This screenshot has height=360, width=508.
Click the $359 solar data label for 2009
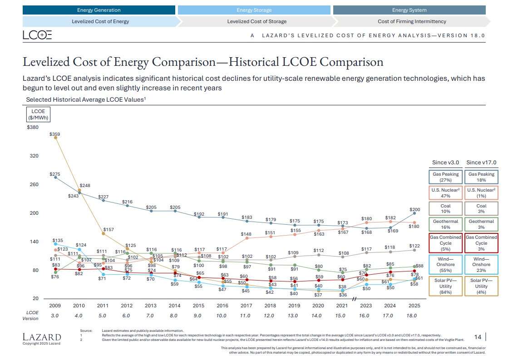54,134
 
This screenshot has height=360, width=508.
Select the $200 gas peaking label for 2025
415,210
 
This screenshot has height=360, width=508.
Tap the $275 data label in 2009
54,174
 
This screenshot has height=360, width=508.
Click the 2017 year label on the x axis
246,306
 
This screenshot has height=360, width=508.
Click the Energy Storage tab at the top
254,10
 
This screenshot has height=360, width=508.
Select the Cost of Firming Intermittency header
411,21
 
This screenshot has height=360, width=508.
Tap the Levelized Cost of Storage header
256,21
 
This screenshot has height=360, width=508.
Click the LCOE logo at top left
37,35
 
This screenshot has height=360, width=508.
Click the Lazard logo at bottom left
41,337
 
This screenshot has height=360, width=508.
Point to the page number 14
478,336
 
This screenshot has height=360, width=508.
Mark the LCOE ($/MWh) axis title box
38,114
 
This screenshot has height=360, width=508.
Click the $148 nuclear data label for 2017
246,234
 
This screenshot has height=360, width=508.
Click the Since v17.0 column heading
481,163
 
